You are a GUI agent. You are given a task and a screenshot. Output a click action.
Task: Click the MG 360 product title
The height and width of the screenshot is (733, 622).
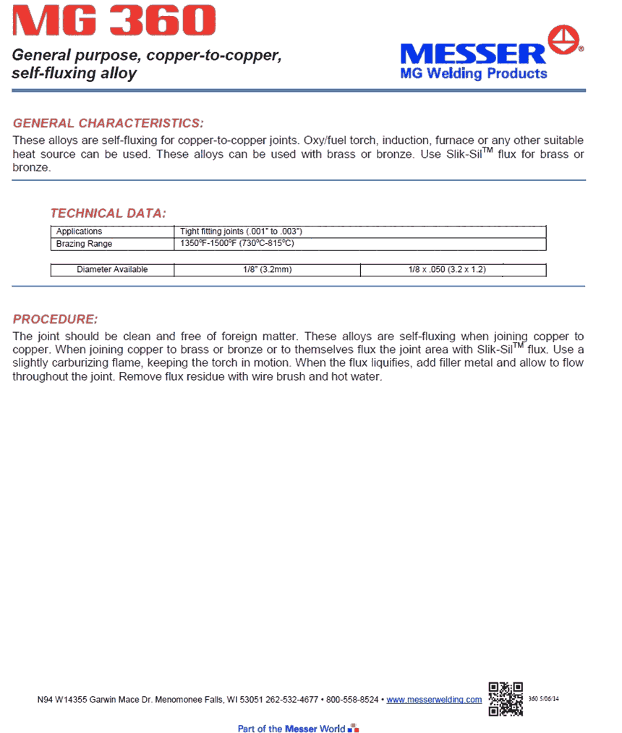115,21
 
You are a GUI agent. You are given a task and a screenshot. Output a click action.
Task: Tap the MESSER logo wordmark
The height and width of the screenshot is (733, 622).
473,54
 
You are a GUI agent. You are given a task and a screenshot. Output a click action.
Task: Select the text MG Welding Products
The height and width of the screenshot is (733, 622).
473,73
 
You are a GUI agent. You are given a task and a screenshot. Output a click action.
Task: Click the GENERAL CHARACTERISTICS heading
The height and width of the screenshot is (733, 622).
108,123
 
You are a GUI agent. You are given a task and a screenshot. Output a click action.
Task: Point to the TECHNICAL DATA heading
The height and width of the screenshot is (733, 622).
108,213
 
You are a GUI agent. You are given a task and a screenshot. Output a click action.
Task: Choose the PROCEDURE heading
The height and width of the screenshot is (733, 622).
55,319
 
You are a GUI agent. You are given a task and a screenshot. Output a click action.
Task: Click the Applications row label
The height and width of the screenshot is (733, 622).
80,232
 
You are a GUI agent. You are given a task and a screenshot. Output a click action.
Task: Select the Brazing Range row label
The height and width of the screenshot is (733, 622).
85,244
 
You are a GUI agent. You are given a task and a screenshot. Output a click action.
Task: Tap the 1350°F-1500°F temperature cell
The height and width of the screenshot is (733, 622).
237,244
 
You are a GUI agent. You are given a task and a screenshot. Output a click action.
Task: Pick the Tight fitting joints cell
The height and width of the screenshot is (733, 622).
240,232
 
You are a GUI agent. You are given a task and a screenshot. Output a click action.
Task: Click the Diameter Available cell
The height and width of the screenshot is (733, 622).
112,270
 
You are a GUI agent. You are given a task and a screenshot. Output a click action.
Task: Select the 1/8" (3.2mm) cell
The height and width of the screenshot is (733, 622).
267,270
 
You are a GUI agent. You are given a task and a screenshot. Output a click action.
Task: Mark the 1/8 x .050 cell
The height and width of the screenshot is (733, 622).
452,270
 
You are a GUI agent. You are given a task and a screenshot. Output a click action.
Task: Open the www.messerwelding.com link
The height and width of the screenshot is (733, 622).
434,700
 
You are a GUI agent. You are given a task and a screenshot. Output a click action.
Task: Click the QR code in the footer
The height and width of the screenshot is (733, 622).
506,699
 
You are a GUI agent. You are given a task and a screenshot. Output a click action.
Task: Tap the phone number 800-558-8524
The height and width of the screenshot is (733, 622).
352,700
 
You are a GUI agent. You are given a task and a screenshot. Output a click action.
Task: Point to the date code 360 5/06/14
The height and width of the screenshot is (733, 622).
545,699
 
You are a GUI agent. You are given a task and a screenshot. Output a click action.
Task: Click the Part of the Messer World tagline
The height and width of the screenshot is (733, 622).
291,728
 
